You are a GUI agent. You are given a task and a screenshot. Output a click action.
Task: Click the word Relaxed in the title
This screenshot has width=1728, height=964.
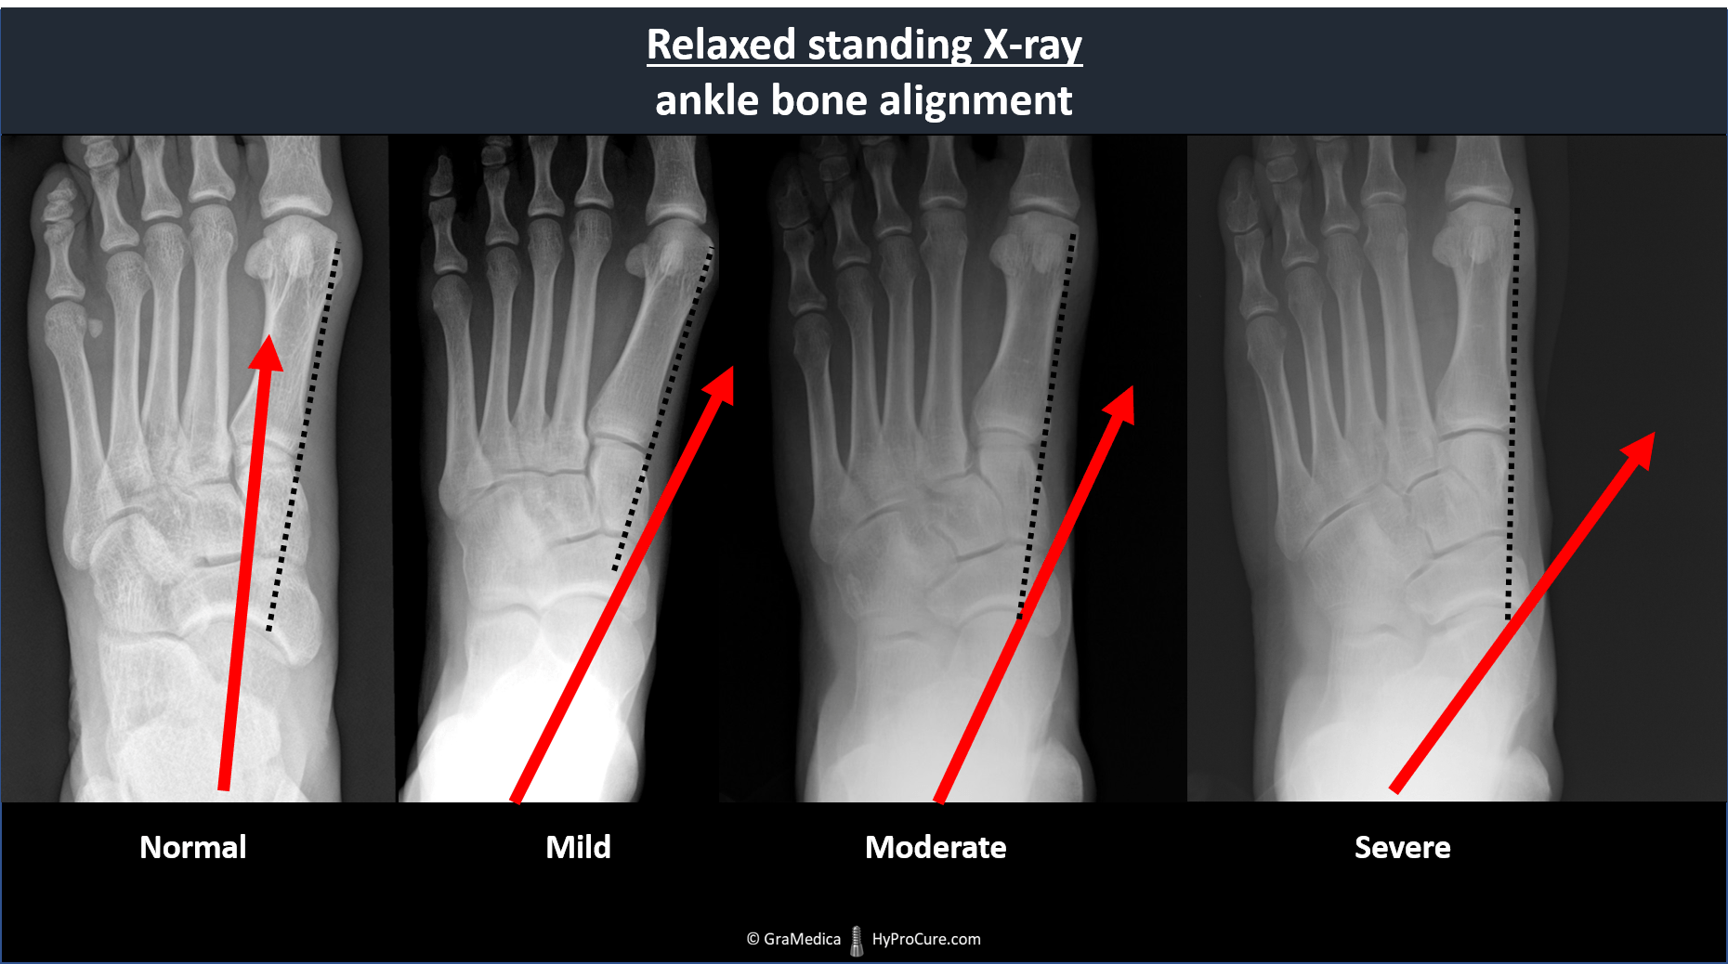(x=721, y=45)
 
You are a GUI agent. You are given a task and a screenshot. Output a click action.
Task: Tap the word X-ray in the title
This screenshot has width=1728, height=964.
(x=1032, y=46)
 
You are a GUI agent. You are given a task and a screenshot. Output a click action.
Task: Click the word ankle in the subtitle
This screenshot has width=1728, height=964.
(x=707, y=99)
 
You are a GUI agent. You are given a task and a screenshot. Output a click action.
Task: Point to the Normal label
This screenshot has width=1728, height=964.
(x=193, y=847)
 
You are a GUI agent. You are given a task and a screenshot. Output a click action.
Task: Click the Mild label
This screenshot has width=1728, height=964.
(x=578, y=847)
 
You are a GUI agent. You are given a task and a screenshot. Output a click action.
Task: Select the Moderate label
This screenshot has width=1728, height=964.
(x=936, y=847)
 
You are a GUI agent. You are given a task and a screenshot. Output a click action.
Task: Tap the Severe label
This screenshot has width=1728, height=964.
(x=1402, y=847)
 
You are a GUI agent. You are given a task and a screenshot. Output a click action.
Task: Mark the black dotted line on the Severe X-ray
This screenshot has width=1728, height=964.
(x=1512, y=414)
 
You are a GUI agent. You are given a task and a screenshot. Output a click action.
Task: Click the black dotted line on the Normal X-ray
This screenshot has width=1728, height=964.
(x=304, y=437)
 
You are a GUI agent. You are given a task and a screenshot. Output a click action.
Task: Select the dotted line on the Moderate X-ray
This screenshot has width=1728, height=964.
(x=1047, y=425)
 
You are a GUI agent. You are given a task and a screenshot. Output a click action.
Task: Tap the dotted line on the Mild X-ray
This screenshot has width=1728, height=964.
(x=662, y=409)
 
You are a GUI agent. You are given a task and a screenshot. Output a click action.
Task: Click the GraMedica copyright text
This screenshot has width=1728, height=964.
(x=793, y=939)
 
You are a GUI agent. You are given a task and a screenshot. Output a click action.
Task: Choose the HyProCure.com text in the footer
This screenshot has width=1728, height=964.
(x=926, y=939)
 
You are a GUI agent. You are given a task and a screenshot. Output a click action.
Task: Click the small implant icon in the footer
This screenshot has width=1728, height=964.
(x=857, y=940)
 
